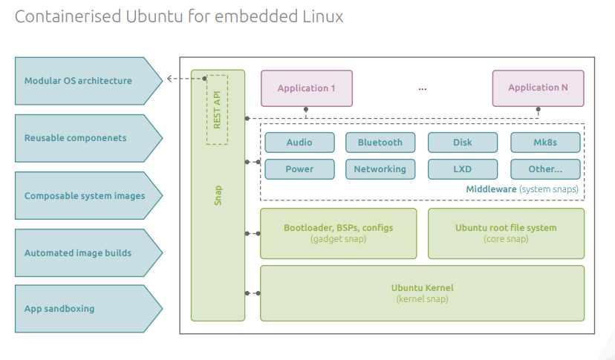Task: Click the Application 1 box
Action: (306, 88)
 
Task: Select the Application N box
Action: (538, 88)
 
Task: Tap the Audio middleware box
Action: (299, 143)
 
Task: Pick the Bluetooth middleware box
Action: (380, 143)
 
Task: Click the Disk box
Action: (462, 143)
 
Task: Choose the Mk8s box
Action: (544, 143)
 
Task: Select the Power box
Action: (299, 169)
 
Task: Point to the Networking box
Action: (380, 169)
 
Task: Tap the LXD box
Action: (462, 169)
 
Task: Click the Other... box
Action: (544, 169)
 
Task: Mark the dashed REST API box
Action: (217, 109)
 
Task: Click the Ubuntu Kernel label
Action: (422, 288)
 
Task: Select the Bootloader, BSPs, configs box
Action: (338, 233)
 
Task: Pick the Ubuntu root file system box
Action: (505, 233)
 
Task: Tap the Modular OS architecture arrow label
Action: (78, 81)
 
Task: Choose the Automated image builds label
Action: (78, 253)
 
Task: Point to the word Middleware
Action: (490, 189)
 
